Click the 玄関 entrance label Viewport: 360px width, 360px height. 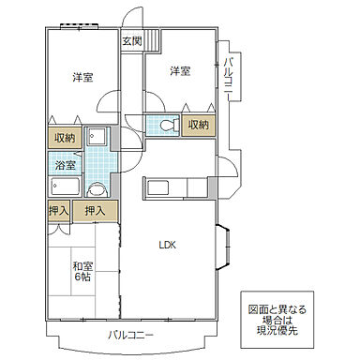pos(130,41)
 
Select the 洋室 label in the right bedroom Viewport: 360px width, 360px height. pos(180,70)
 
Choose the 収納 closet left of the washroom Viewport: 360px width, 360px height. pos(64,137)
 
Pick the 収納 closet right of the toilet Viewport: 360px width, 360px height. pos(197,125)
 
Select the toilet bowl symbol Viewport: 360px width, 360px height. pos(165,125)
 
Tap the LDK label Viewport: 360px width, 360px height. pos(167,246)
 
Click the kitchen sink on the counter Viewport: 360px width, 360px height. pos(157,187)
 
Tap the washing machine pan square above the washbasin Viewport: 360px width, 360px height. pos(97,136)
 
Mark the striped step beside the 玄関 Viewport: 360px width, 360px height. pos(153,42)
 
